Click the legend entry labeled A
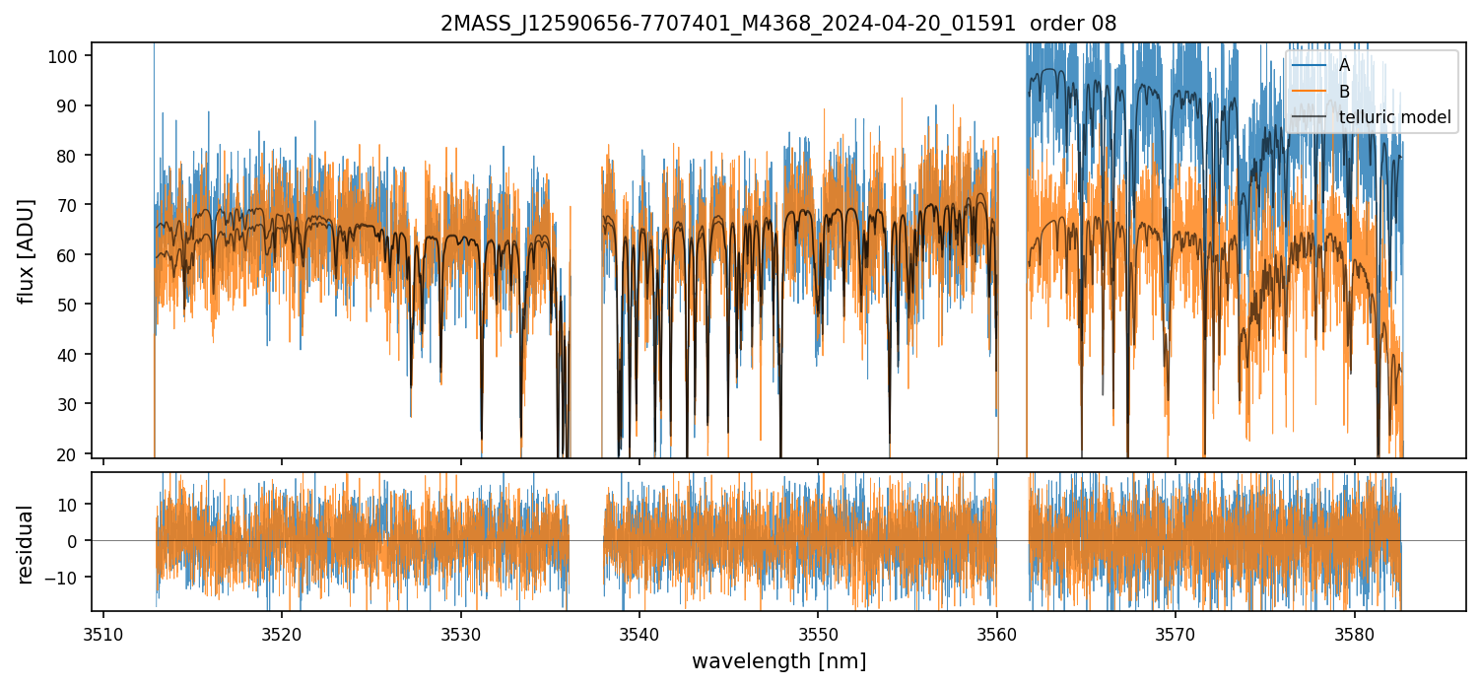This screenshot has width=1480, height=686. [x=1343, y=65]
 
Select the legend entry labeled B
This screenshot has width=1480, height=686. [x=1343, y=92]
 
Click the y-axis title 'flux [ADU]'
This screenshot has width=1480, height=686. [x=27, y=250]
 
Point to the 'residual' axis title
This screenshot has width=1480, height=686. [x=27, y=544]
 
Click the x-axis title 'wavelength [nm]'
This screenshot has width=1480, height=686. [x=778, y=660]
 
